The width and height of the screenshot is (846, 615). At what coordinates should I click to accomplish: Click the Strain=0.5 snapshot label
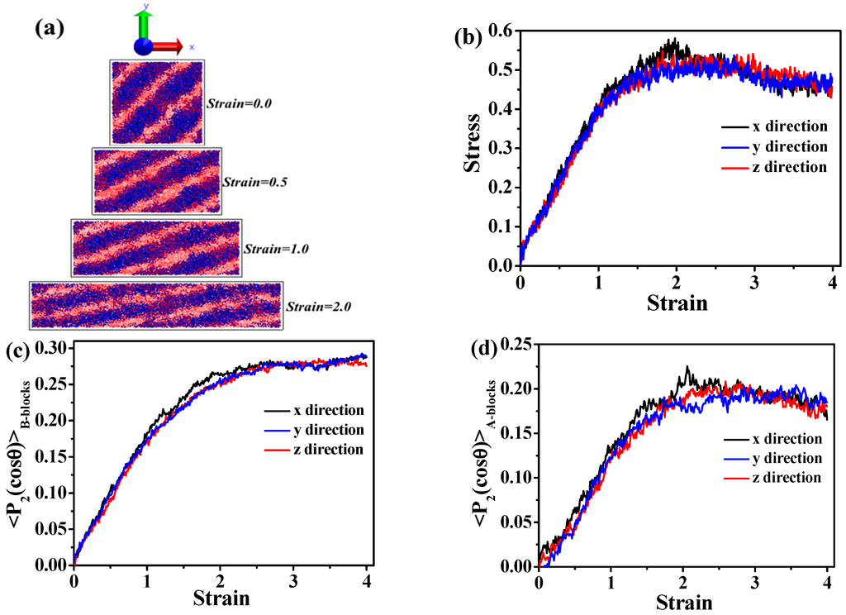coord(254,180)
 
